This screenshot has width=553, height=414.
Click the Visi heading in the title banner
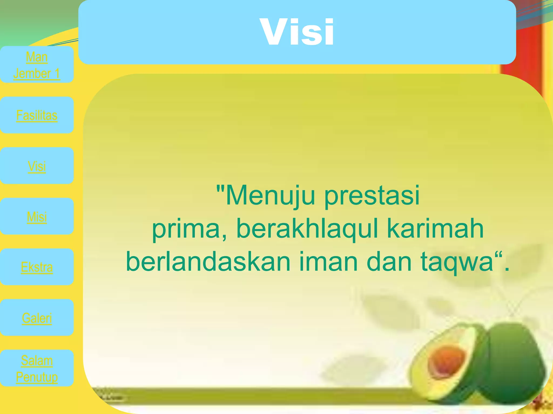click(297, 32)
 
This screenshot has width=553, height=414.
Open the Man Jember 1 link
click(37, 65)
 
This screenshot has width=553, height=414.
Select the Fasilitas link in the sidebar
click(37, 115)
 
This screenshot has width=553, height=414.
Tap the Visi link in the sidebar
click(37, 166)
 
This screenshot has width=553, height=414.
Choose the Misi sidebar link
click(37, 217)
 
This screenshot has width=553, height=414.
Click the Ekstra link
click(37, 267)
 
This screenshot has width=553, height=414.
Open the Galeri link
click(37, 318)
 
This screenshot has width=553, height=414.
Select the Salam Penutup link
click(37, 368)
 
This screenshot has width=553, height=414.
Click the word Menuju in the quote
click(270, 195)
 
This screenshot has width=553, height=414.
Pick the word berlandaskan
click(208, 262)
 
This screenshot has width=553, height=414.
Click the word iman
click(328, 262)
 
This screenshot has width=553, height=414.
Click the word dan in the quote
click(389, 262)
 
